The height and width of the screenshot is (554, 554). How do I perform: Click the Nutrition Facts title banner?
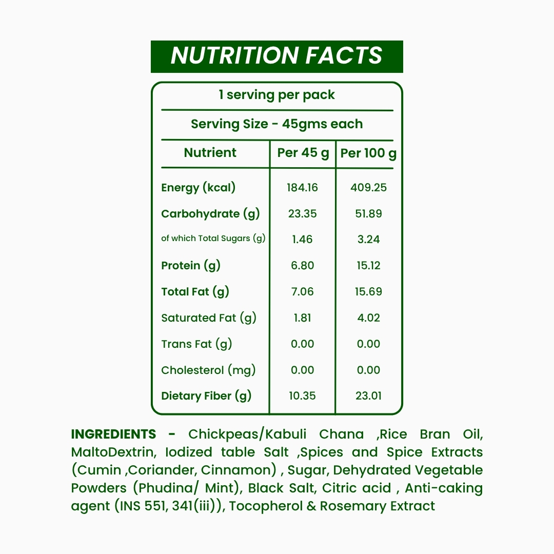pyautogui.click(x=276, y=56)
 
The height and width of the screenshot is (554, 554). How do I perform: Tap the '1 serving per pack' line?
pyautogui.click(x=276, y=95)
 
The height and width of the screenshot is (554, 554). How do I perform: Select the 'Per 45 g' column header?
pyautogui.click(x=303, y=153)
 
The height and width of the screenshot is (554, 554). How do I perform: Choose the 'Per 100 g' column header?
pyautogui.click(x=368, y=153)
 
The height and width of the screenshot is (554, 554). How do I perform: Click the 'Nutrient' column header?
pyautogui.click(x=210, y=153)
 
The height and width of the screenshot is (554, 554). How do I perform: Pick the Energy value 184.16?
pyautogui.click(x=303, y=188)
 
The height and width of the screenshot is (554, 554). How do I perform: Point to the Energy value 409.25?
pyautogui.click(x=368, y=188)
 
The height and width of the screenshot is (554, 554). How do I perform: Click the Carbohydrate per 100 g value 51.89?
pyautogui.click(x=368, y=214)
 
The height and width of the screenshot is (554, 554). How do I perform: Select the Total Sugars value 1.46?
pyautogui.click(x=303, y=240)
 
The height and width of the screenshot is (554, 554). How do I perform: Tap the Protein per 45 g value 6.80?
pyautogui.click(x=303, y=266)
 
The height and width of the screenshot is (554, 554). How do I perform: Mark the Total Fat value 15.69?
pyautogui.click(x=368, y=292)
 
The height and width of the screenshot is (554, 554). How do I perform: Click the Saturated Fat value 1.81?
pyautogui.click(x=303, y=318)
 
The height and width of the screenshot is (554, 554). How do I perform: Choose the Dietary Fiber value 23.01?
pyautogui.click(x=368, y=396)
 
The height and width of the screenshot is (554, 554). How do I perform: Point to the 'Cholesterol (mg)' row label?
pyautogui.click(x=208, y=370)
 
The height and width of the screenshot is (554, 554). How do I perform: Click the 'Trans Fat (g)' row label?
pyautogui.click(x=196, y=344)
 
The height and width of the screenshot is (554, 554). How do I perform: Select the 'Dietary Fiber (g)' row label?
pyautogui.click(x=206, y=396)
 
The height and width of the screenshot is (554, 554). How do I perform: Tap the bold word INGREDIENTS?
pyautogui.click(x=113, y=434)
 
